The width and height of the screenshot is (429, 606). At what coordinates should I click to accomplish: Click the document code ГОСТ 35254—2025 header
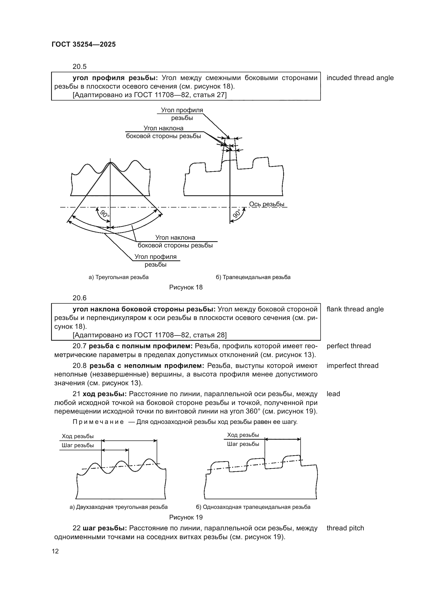click(x=84, y=44)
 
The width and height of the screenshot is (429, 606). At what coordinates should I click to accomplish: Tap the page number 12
click(x=55, y=551)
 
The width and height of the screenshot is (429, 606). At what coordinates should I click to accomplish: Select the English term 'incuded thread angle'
click(x=360, y=78)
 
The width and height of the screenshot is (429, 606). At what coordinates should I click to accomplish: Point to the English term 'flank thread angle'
click(x=355, y=309)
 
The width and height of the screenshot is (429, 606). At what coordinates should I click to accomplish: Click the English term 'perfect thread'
click(x=348, y=346)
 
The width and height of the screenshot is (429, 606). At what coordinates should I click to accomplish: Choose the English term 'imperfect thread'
click(x=352, y=366)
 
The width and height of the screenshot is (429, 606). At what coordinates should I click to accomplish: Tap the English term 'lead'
click(x=333, y=394)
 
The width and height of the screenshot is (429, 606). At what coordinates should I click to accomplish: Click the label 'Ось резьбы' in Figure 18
click(x=267, y=204)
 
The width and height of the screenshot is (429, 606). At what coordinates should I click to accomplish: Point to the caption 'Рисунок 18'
click(x=186, y=287)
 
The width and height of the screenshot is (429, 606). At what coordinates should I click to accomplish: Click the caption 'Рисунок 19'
click(x=186, y=517)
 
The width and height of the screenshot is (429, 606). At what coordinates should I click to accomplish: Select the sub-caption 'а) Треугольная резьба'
click(x=119, y=277)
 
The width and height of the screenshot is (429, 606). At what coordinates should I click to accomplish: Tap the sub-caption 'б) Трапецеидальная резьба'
click(x=253, y=277)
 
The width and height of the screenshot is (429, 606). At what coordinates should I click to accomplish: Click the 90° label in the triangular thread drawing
click(x=105, y=213)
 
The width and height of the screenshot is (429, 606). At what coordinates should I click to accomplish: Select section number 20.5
click(x=80, y=67)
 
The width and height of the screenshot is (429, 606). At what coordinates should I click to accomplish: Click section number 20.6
click(x=80, y=298)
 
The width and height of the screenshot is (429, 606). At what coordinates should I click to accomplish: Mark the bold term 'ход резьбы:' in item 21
click(x=105, y=394)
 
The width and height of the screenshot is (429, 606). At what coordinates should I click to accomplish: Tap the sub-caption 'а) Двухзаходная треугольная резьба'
click(x=119, y=507)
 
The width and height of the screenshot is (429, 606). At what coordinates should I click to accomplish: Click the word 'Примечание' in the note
click(x=98, y=422)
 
